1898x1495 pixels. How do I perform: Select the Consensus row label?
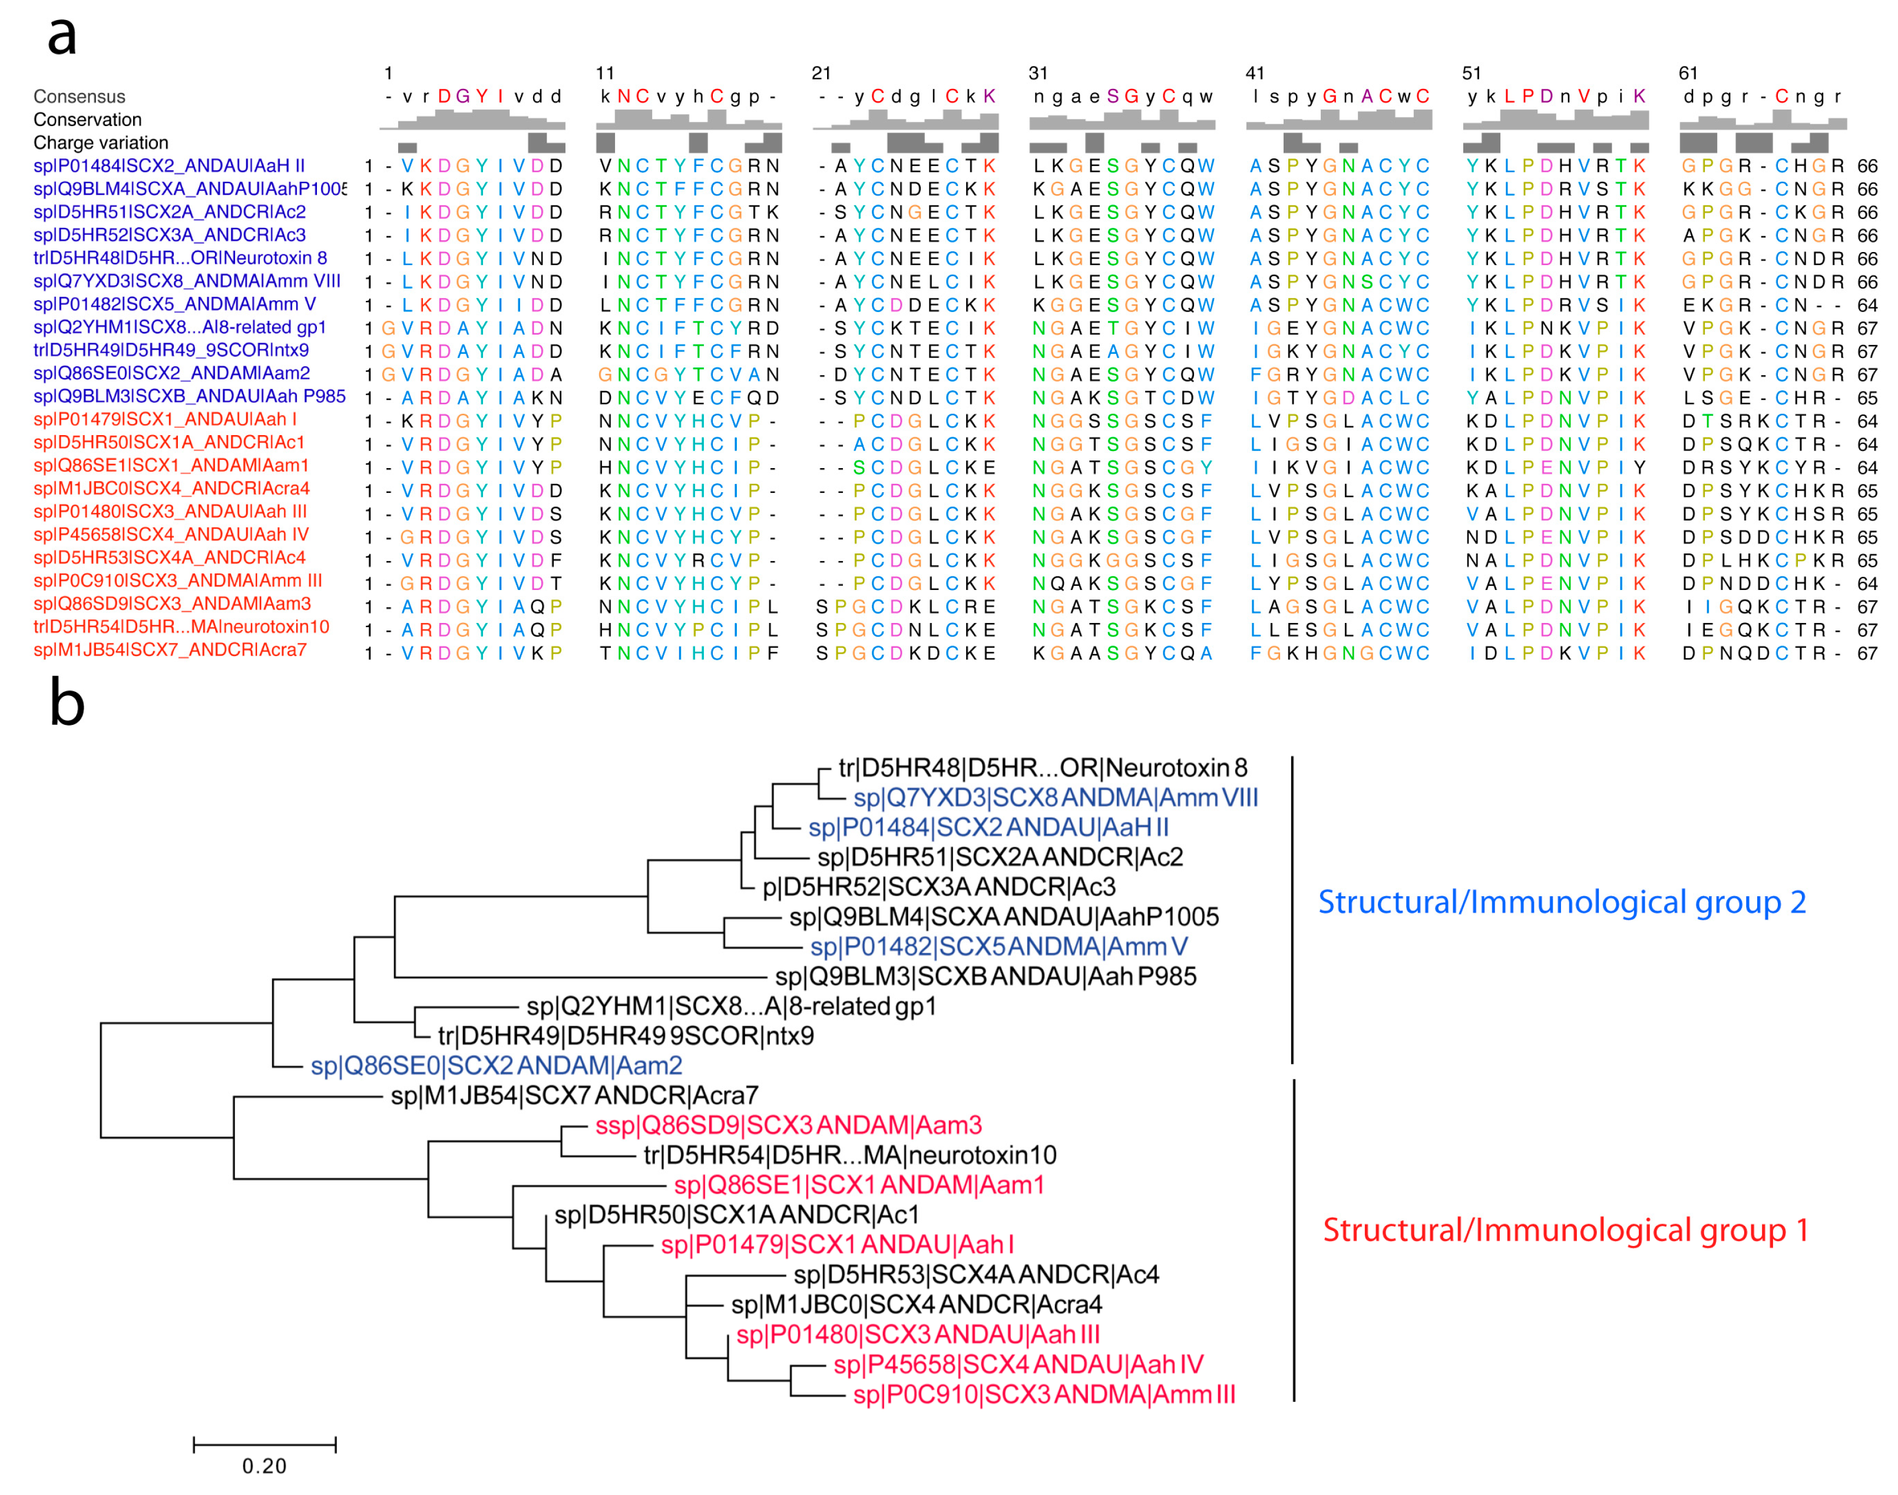pyautogui.click(x=79, y=97)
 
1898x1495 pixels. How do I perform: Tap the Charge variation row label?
pyautogui.click(x=101, y=142)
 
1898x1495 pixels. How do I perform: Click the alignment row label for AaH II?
pyautogui.click(x=169, y=165)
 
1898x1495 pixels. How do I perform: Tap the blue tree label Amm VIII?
pyautogui.click(x=1055, y=797)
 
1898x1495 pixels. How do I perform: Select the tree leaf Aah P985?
pyautogui.click(x=985, y=976)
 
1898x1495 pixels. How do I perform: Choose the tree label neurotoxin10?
pyautogui.click(x=849, y=1155)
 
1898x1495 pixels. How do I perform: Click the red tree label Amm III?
pyautogui.click(x=1044, y=1394)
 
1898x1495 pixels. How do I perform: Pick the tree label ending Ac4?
pyautogui.click(x=976, y=1274)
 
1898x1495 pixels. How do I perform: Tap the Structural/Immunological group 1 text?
pyautogui.click(x=1565, y=1230)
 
